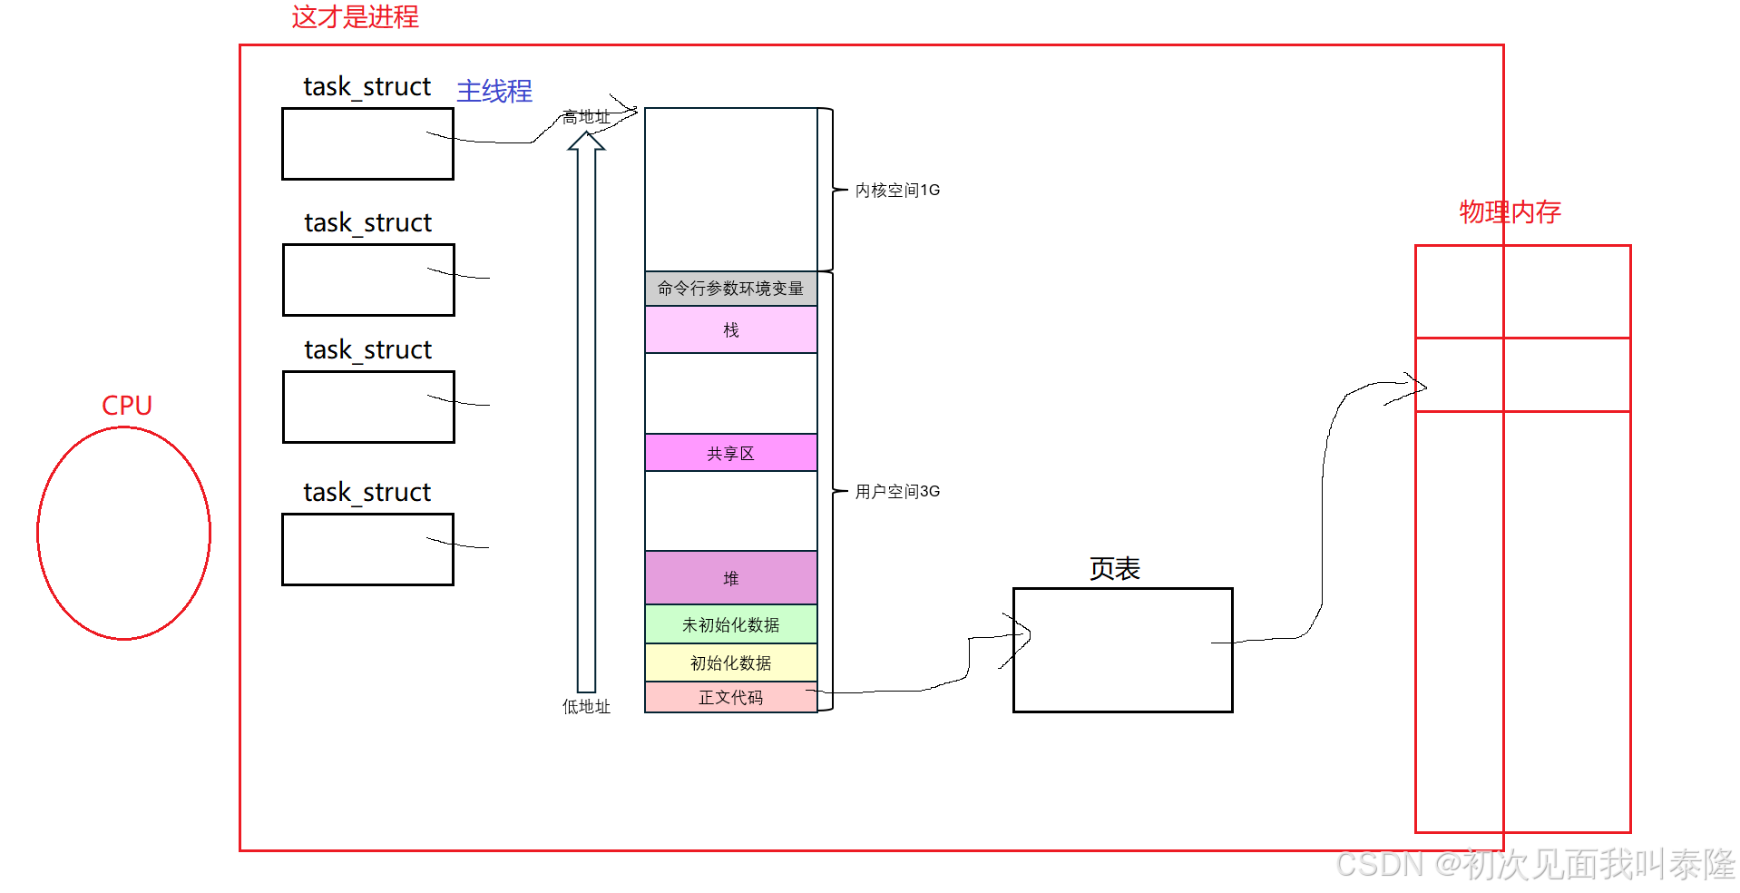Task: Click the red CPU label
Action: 127,405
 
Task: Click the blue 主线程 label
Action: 494,91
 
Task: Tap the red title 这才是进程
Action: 355,17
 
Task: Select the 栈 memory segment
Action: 730,329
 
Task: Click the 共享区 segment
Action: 730,453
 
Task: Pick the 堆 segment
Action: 730,578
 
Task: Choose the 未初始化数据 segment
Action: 730,624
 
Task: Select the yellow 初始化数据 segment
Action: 730,662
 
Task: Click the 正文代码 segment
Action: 730,697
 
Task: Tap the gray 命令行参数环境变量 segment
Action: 730,289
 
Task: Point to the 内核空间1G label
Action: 897,190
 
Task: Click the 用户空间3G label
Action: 897,491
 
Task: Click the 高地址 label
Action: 586,117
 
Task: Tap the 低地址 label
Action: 586,706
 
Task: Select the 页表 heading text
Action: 1114,569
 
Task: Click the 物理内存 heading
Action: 1510,211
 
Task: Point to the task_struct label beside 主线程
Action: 367,86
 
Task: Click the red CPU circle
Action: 124,534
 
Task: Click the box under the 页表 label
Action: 1122,650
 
